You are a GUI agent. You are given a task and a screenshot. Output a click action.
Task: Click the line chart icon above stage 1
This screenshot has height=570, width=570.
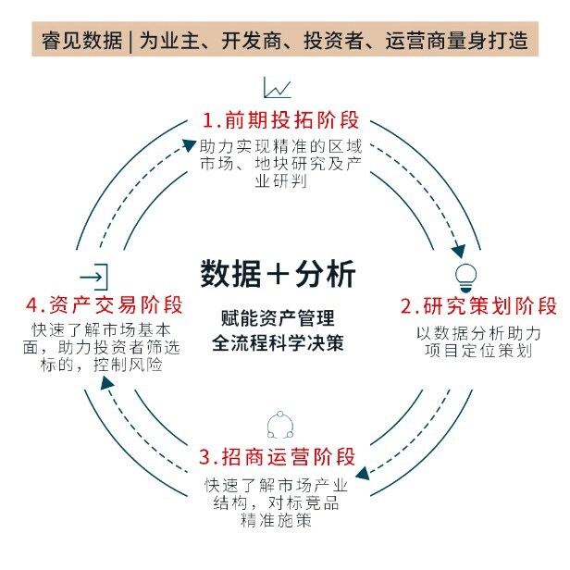click(277, 88)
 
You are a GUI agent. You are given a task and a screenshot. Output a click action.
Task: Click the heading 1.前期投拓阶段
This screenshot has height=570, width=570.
click(280, 121)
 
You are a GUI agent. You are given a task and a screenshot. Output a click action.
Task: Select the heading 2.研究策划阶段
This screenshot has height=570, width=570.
click(478, 306)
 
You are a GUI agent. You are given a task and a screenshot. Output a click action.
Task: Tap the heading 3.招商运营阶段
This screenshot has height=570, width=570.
click(278, 457)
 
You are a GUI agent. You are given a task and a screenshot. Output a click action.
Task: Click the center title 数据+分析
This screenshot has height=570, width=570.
click(277, 274)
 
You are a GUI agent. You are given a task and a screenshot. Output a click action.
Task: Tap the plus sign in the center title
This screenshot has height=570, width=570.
click(278, 275)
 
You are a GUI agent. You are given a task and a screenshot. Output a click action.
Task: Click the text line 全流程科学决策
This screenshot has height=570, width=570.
click(277, 341)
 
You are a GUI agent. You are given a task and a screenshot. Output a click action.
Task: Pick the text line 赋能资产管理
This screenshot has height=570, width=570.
click(277, 316)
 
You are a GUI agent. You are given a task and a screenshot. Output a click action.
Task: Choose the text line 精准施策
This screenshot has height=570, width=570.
click(278, 521)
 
